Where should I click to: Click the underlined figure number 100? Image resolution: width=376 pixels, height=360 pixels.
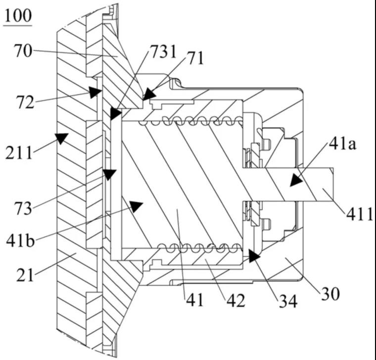click(x=18, y=16)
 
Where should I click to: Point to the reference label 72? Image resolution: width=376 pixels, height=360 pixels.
click(x=24, y=103)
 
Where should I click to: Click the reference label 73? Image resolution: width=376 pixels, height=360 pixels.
click(x=22, y=208)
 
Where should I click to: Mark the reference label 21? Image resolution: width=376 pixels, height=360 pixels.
click(x=25, y=274)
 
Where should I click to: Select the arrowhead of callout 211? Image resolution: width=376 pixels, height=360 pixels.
click(x=61, y=138)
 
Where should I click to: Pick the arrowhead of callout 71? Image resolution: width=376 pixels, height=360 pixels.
click(x=148, y=94)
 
